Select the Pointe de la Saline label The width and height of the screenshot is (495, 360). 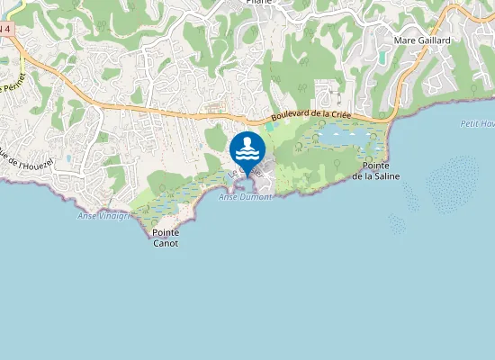click(x=376, y=171)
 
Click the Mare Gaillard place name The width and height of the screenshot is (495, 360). click(x=422, y=40)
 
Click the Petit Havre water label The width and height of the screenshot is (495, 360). click(x=477, y=122)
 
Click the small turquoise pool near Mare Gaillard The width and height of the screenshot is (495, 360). click(x=383, y=57)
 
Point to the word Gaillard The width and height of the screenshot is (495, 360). click(x=434, y=40)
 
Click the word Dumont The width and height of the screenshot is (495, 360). click(x=256, y=196)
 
